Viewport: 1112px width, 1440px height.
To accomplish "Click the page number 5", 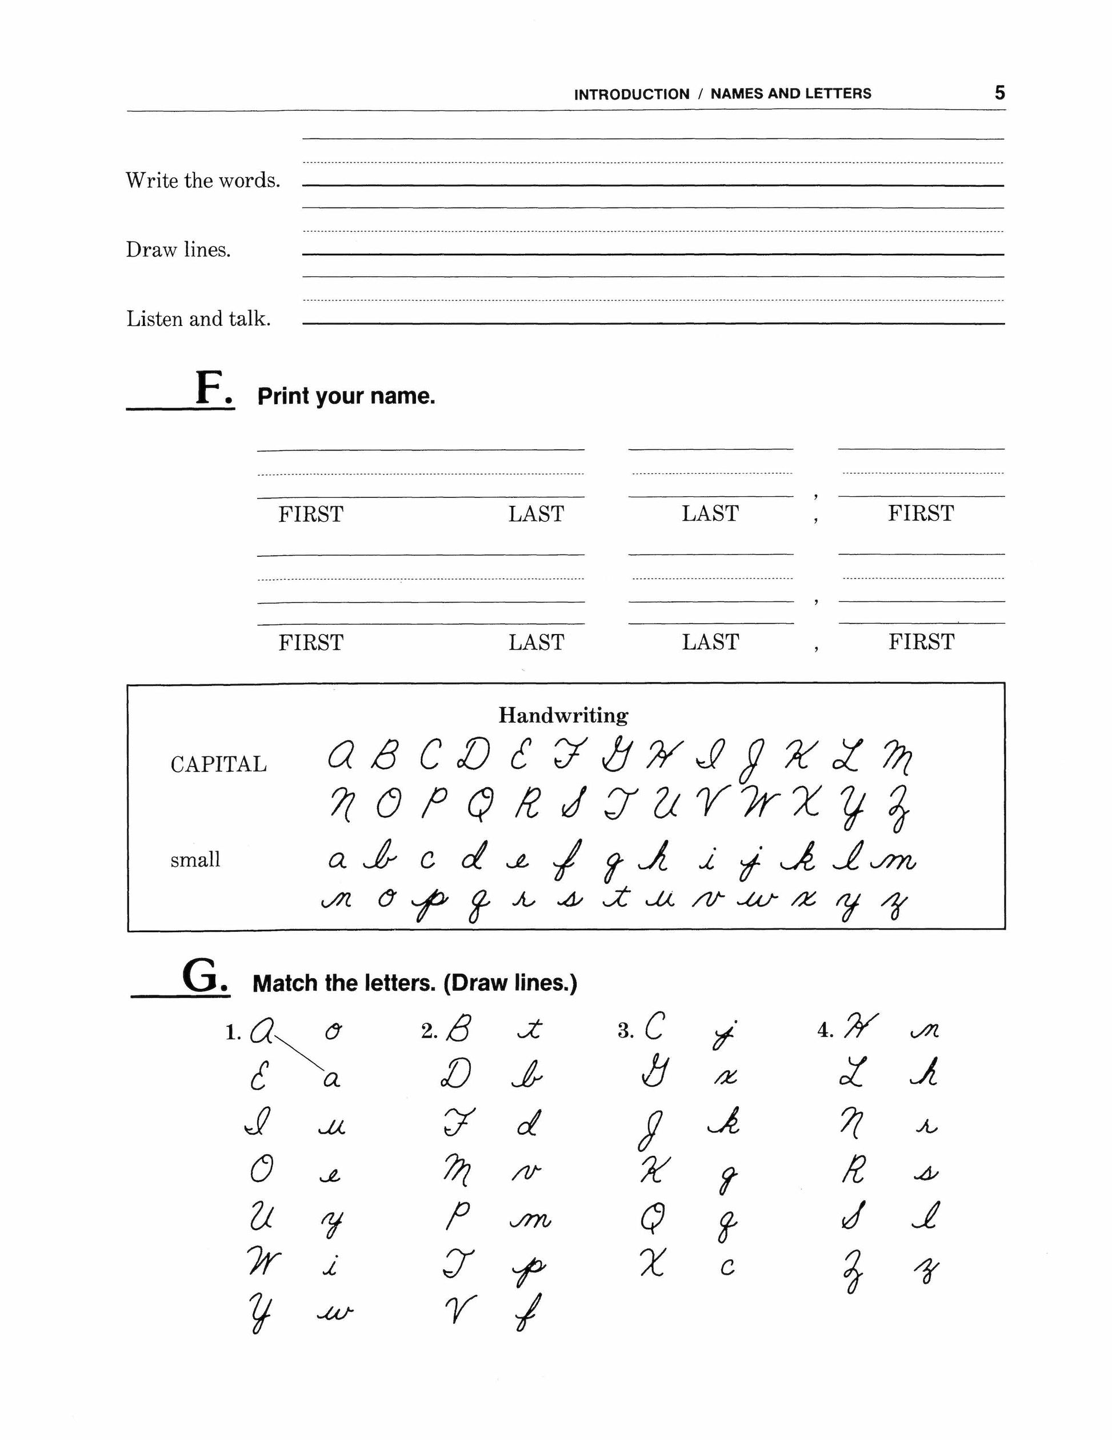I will point(999,93).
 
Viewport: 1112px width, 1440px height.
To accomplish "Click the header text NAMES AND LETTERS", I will point(790,94).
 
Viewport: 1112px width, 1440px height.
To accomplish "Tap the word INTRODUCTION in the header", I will point(631,94).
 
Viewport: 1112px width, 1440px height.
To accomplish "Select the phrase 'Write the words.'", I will point(203,180).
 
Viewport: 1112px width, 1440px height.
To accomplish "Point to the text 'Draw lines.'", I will point(179,250).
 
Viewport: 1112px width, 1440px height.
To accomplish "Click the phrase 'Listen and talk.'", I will point(198,319).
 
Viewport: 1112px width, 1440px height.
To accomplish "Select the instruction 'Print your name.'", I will point(346,396).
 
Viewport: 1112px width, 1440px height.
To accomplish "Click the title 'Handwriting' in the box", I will point(563,715).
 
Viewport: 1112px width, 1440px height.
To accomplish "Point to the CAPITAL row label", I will point(219,765).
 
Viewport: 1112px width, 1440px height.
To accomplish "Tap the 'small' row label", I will point(195,860).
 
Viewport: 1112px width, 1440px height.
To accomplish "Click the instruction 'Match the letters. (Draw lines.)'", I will point(415,984).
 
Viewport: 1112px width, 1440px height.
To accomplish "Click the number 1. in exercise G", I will point(233,1033).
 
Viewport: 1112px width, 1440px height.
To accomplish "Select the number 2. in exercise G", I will point(429,1032).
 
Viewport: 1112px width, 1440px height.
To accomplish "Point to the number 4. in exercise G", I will point(825,1031).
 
